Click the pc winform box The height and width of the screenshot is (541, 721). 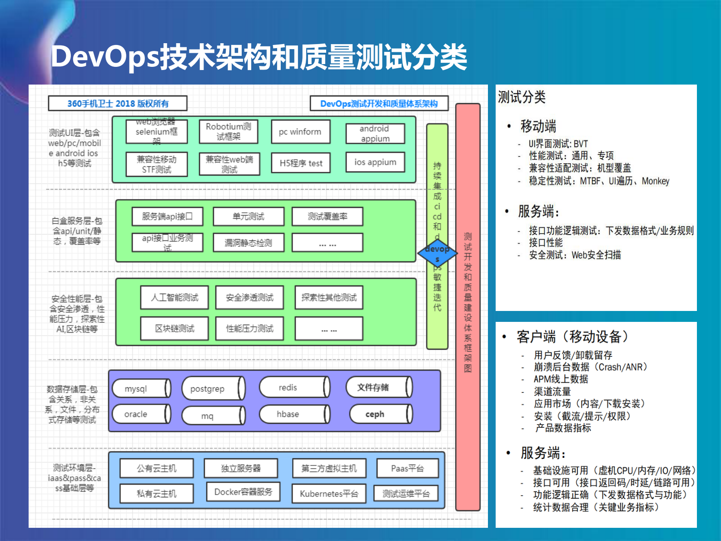tap(300, 132)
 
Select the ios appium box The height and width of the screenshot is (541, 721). tap(375, 162)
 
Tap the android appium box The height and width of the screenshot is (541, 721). tap(375, 134)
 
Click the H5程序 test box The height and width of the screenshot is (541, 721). tap(301, 163)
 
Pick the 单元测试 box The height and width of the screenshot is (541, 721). tap(249, 216)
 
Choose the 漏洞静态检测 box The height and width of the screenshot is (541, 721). tap(249, 243)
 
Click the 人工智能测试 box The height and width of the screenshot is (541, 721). tap(174, 297)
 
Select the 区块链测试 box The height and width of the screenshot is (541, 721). tap(174, 328)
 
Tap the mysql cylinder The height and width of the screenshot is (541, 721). tap(141, 389)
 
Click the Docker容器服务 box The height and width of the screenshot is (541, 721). tap(243, 492)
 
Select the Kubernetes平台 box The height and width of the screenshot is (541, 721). tap(329, 494)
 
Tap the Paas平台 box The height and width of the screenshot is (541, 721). tap(408, 468)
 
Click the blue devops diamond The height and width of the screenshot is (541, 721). tap(437, 254)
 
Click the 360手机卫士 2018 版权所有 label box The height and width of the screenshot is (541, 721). tap(118, 103)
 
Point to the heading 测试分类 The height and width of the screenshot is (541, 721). tap(522, 97)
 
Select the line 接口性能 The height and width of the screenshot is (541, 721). tap(545, 243)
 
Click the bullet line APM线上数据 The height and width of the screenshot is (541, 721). tap(561, 379)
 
